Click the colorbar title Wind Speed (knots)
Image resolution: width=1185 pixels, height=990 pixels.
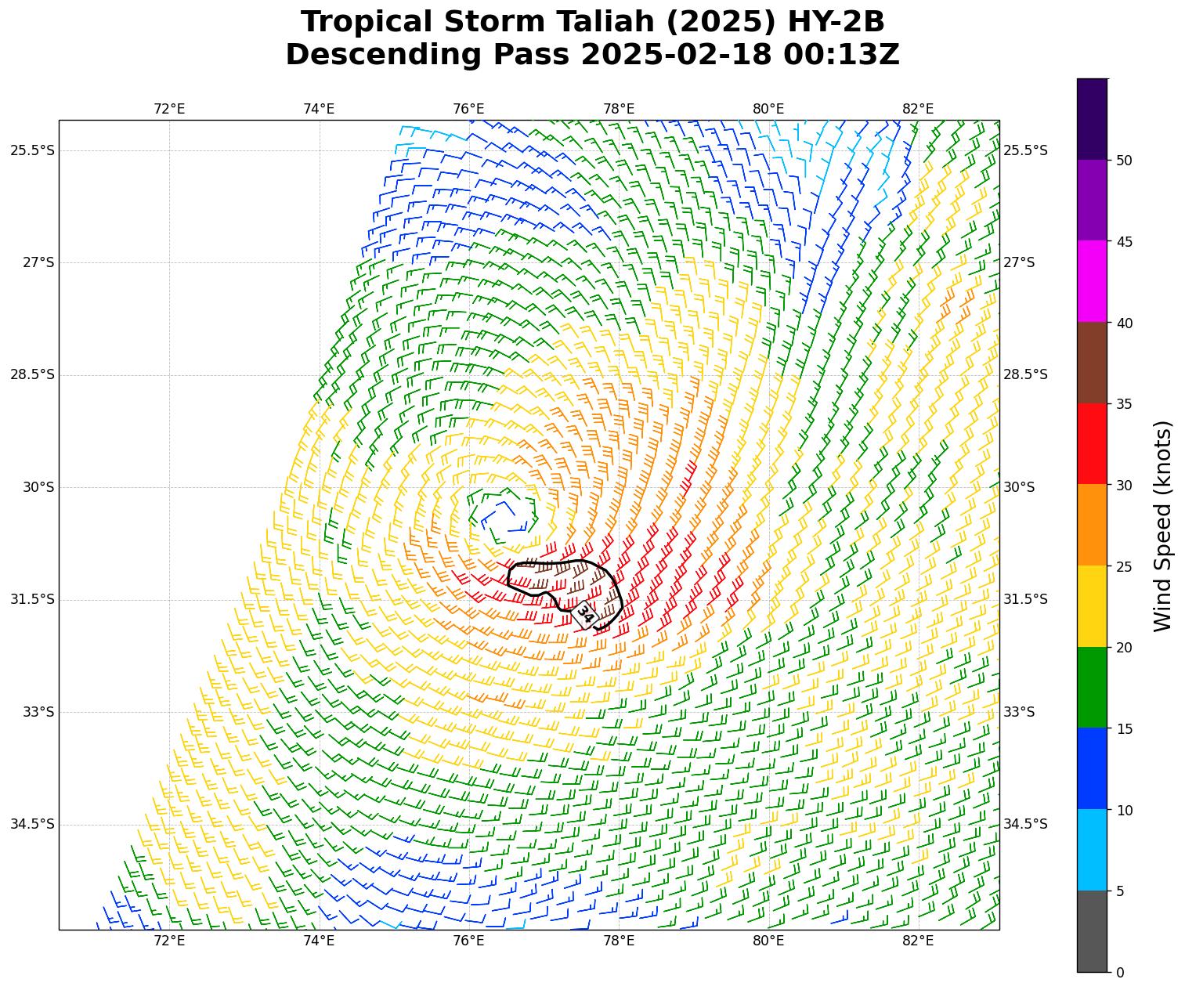click(1164, 526)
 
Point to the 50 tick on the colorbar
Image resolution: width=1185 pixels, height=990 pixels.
click(1124, 161)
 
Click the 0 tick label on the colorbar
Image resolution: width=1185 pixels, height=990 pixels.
click(1120, 973)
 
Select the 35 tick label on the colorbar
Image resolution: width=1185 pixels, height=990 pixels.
click(1124, 404)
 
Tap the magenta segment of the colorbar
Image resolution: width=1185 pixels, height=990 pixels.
click(1093, 281)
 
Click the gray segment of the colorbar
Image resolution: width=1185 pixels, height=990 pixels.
click(1093, 931)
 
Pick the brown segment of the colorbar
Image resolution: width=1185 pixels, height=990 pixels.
click(1093, 363)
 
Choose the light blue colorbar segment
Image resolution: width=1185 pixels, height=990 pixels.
click(1093, 850)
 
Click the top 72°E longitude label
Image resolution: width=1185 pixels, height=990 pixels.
click(169, 109)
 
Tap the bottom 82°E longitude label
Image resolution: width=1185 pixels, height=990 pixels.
click(918, 941)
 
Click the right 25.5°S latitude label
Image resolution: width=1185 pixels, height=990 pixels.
click(1025, 150)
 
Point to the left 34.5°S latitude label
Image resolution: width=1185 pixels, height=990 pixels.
click(33, 824)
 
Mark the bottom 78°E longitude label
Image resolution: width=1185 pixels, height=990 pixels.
click(619, 941)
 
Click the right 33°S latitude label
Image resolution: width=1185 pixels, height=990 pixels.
click(1019, 712)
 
